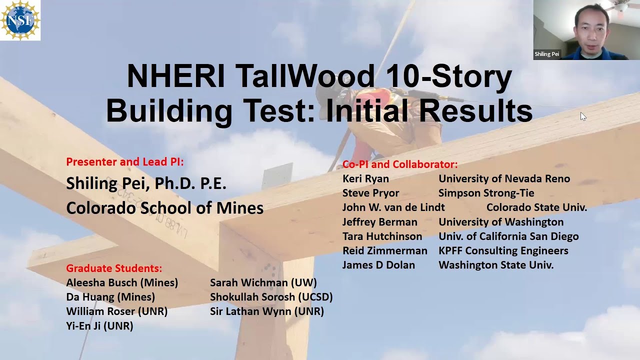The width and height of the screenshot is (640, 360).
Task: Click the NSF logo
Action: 20,20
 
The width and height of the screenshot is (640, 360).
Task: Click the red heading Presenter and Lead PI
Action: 125,162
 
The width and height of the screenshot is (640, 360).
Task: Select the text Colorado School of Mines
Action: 164,208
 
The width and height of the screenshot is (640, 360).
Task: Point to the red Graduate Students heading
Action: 114,268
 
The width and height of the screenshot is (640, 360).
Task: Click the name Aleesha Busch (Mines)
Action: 122,283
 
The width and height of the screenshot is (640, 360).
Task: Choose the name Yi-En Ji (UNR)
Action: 99,326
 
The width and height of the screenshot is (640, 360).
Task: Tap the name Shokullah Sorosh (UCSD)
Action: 271,297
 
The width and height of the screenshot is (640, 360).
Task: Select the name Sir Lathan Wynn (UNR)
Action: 267,312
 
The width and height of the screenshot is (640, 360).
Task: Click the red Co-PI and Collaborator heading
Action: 400,164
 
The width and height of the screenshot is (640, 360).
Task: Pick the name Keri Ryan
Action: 365,179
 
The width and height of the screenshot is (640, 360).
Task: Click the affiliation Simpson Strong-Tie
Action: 486,193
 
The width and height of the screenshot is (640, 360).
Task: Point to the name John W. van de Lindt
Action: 393,207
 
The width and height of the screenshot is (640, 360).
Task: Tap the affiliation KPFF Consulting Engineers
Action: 503,251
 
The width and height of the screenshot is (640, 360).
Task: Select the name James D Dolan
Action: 378,265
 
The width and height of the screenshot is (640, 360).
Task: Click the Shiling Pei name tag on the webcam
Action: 547,54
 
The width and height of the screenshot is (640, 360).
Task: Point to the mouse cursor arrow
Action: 583,116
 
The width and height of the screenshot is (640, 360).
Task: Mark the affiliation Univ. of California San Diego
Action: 508,236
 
